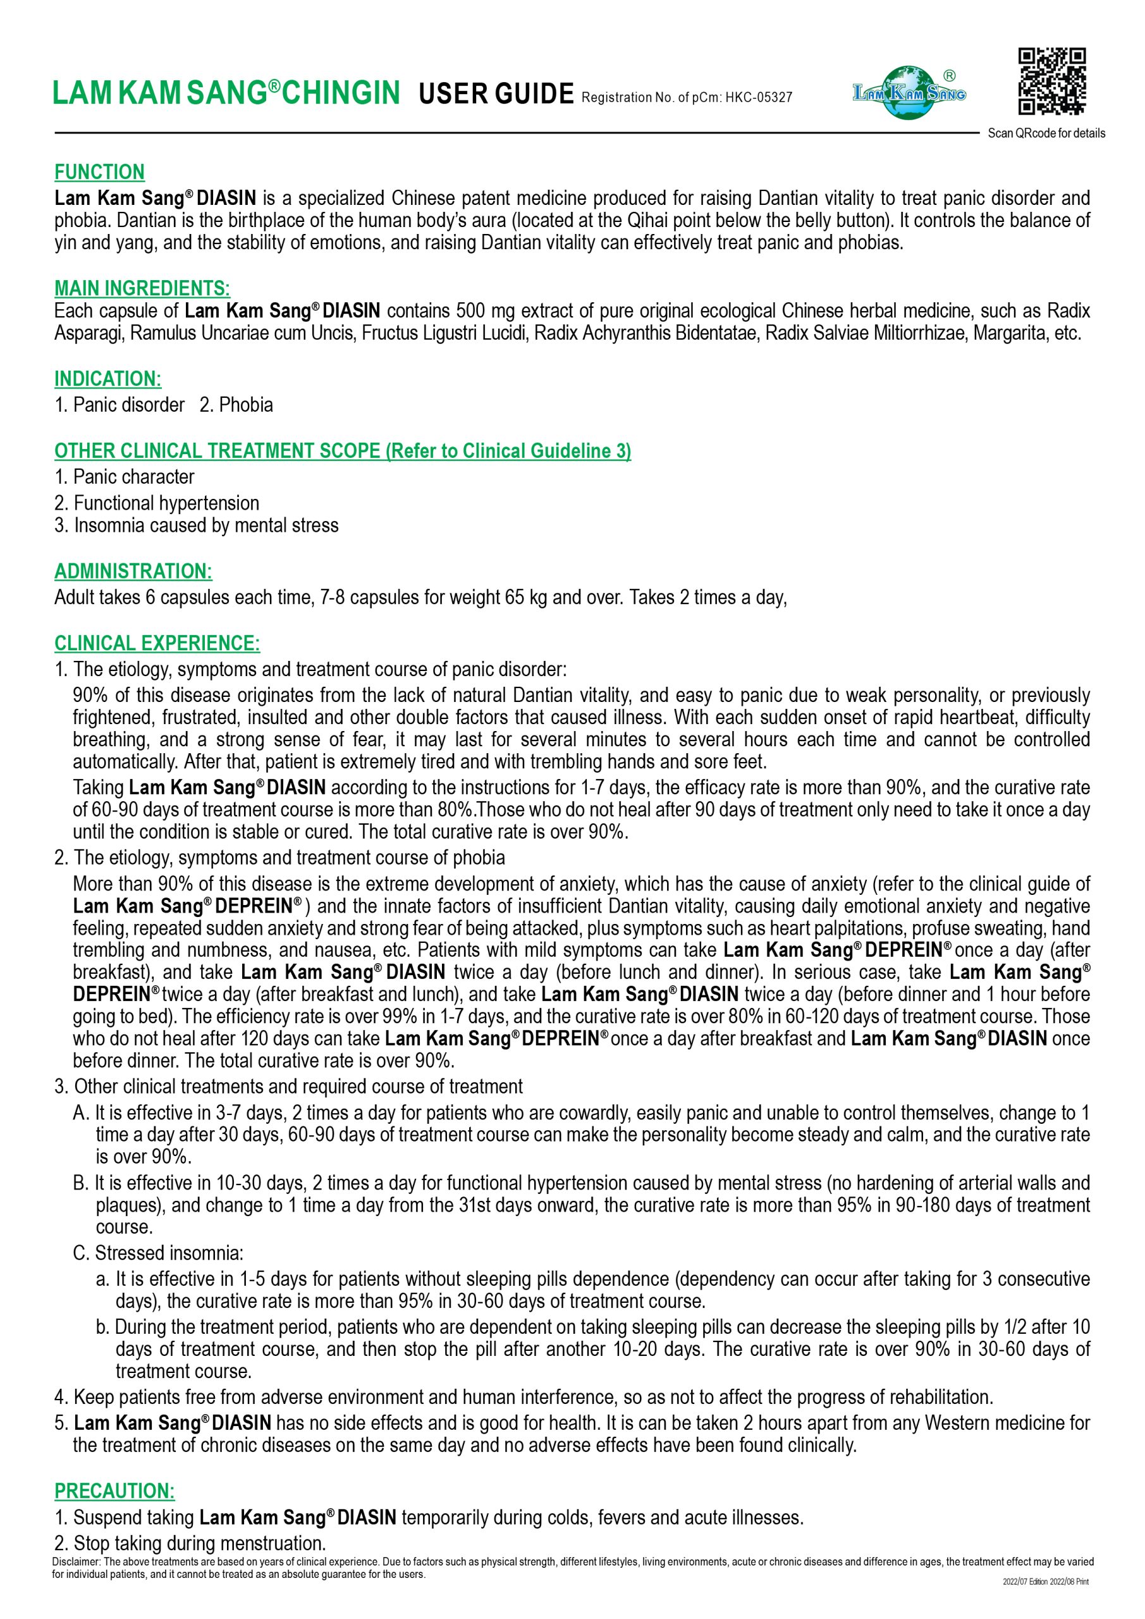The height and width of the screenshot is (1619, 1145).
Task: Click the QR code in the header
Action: [x=1052, y=82]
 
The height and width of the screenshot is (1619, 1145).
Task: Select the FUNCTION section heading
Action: [x=99, y=172]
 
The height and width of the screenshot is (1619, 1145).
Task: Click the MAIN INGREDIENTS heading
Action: [x=142, y=288]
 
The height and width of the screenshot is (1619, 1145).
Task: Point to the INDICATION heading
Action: [x=108, y=379]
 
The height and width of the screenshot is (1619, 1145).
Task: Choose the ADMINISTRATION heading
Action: [x=133, y=570]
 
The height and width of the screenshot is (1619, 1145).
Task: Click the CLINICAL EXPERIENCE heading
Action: [x=157, y=643]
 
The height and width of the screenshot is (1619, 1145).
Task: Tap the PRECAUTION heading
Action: [x=114, y=1491]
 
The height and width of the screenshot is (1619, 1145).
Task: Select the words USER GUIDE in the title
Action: [x=496, y=94]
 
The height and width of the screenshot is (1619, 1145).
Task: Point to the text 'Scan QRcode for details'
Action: [x=1046, y=133]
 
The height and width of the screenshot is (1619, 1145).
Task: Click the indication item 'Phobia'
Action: [x=245, y=405]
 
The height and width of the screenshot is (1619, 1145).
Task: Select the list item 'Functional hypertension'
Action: [x=166, y=503]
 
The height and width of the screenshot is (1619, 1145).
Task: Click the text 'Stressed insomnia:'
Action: [x=169, y=1253]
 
